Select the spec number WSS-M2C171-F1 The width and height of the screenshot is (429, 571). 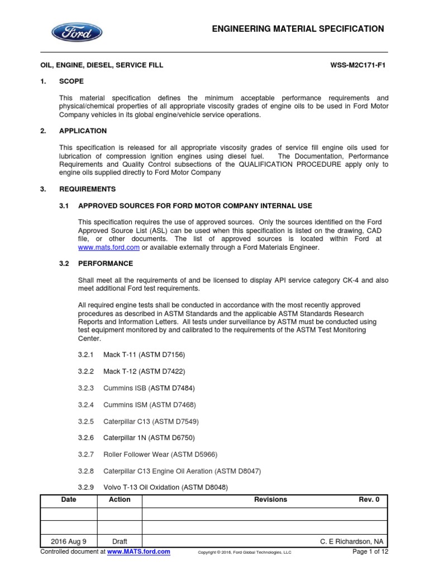point(359,65)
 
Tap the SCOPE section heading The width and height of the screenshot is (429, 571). point(71,81)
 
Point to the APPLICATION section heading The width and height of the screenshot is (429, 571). point(83,131)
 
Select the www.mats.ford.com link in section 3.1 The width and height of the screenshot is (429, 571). point(109,248)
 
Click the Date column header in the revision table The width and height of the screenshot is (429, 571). point(69,500)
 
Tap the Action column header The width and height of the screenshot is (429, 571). point(120,500)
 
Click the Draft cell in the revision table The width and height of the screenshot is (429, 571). point(120,541)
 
